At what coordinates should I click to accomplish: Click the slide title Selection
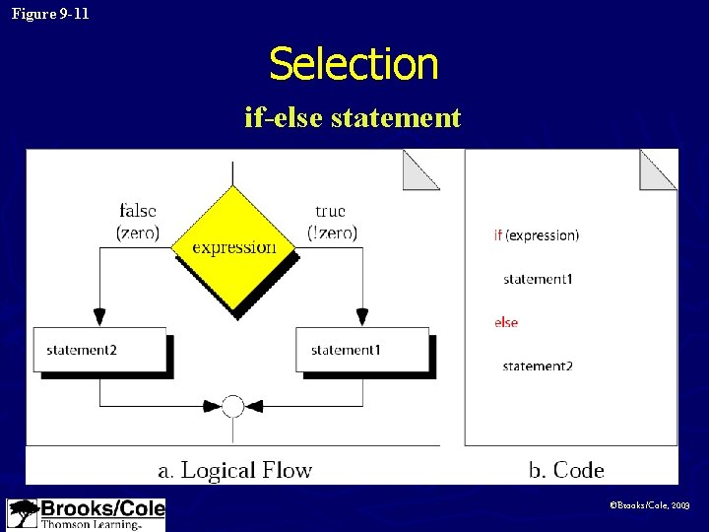(354, 65)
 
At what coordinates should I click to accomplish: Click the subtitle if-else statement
(353, 118)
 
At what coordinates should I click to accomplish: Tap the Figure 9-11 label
(50, 14)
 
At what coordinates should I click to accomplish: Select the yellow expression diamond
(233, 247)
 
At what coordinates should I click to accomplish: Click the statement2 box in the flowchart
(99, 350)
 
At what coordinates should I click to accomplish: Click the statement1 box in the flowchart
(362, 350)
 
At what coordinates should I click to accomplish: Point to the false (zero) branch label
(138, 222)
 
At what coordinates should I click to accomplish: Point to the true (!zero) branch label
(331, 222)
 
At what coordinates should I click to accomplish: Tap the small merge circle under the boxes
(232, 405)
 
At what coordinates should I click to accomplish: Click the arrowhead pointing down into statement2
(99, 317)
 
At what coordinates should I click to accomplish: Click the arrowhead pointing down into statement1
(362, 317)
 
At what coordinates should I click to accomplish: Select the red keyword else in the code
(506, 322)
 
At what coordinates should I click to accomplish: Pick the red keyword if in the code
(498, 235)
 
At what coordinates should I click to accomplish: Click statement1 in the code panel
(538, 279)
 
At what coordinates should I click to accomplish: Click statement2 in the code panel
(538, 366)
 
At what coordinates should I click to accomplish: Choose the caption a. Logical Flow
(234, 470)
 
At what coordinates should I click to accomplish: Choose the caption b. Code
(566, 470)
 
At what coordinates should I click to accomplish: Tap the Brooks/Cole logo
(86, 514)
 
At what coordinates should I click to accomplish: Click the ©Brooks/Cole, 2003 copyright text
(650, 504)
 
